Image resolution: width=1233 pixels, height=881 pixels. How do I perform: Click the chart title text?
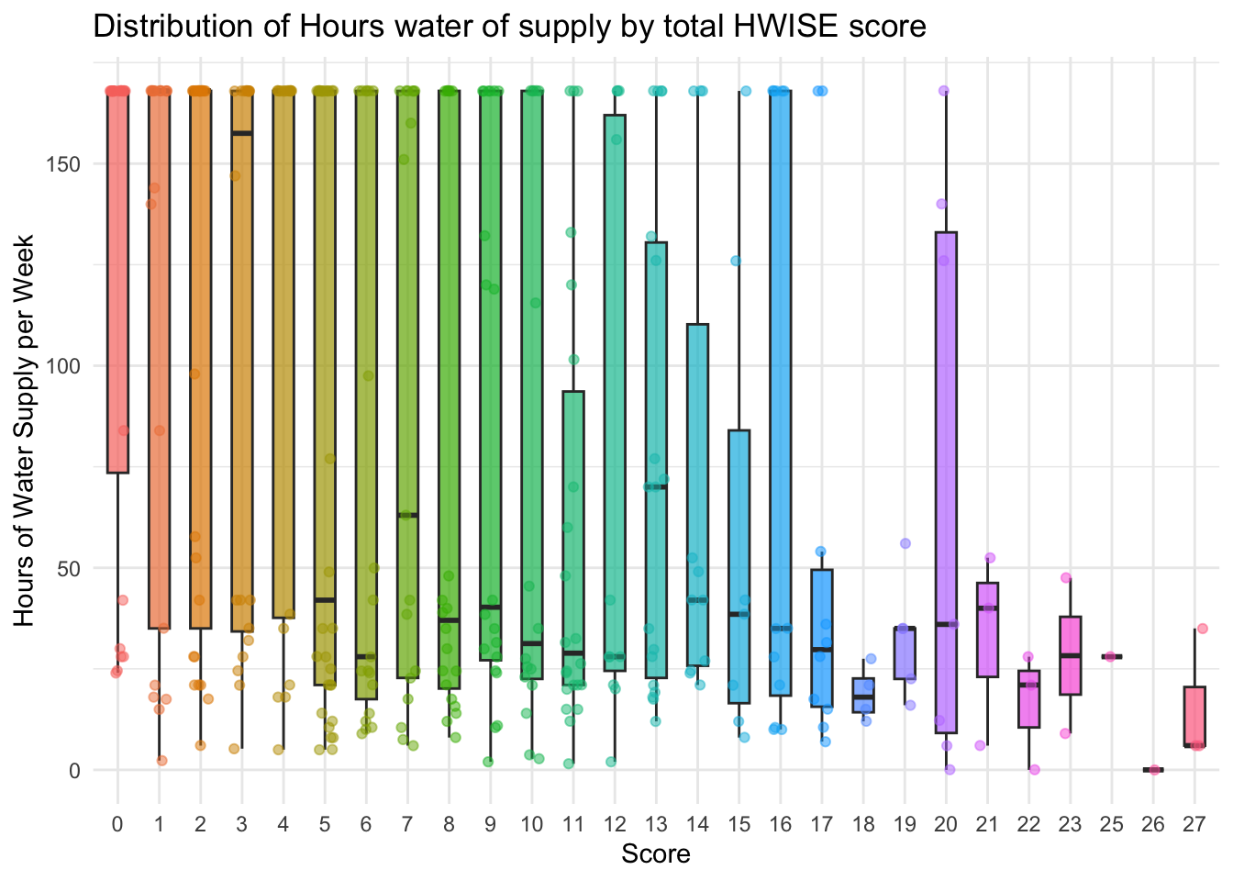tap(509, 27)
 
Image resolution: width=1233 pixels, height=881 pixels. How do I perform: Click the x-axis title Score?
tap(655, 854)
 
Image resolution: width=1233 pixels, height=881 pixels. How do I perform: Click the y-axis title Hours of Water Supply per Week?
tap(25, 430)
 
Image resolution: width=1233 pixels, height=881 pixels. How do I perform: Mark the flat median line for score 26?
tap(1153, 770)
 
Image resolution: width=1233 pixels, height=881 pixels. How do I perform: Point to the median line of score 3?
tap(242, 133)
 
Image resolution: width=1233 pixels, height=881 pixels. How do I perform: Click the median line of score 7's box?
tap(407, 515)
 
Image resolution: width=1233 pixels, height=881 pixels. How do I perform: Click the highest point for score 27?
tap(1202, 629)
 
